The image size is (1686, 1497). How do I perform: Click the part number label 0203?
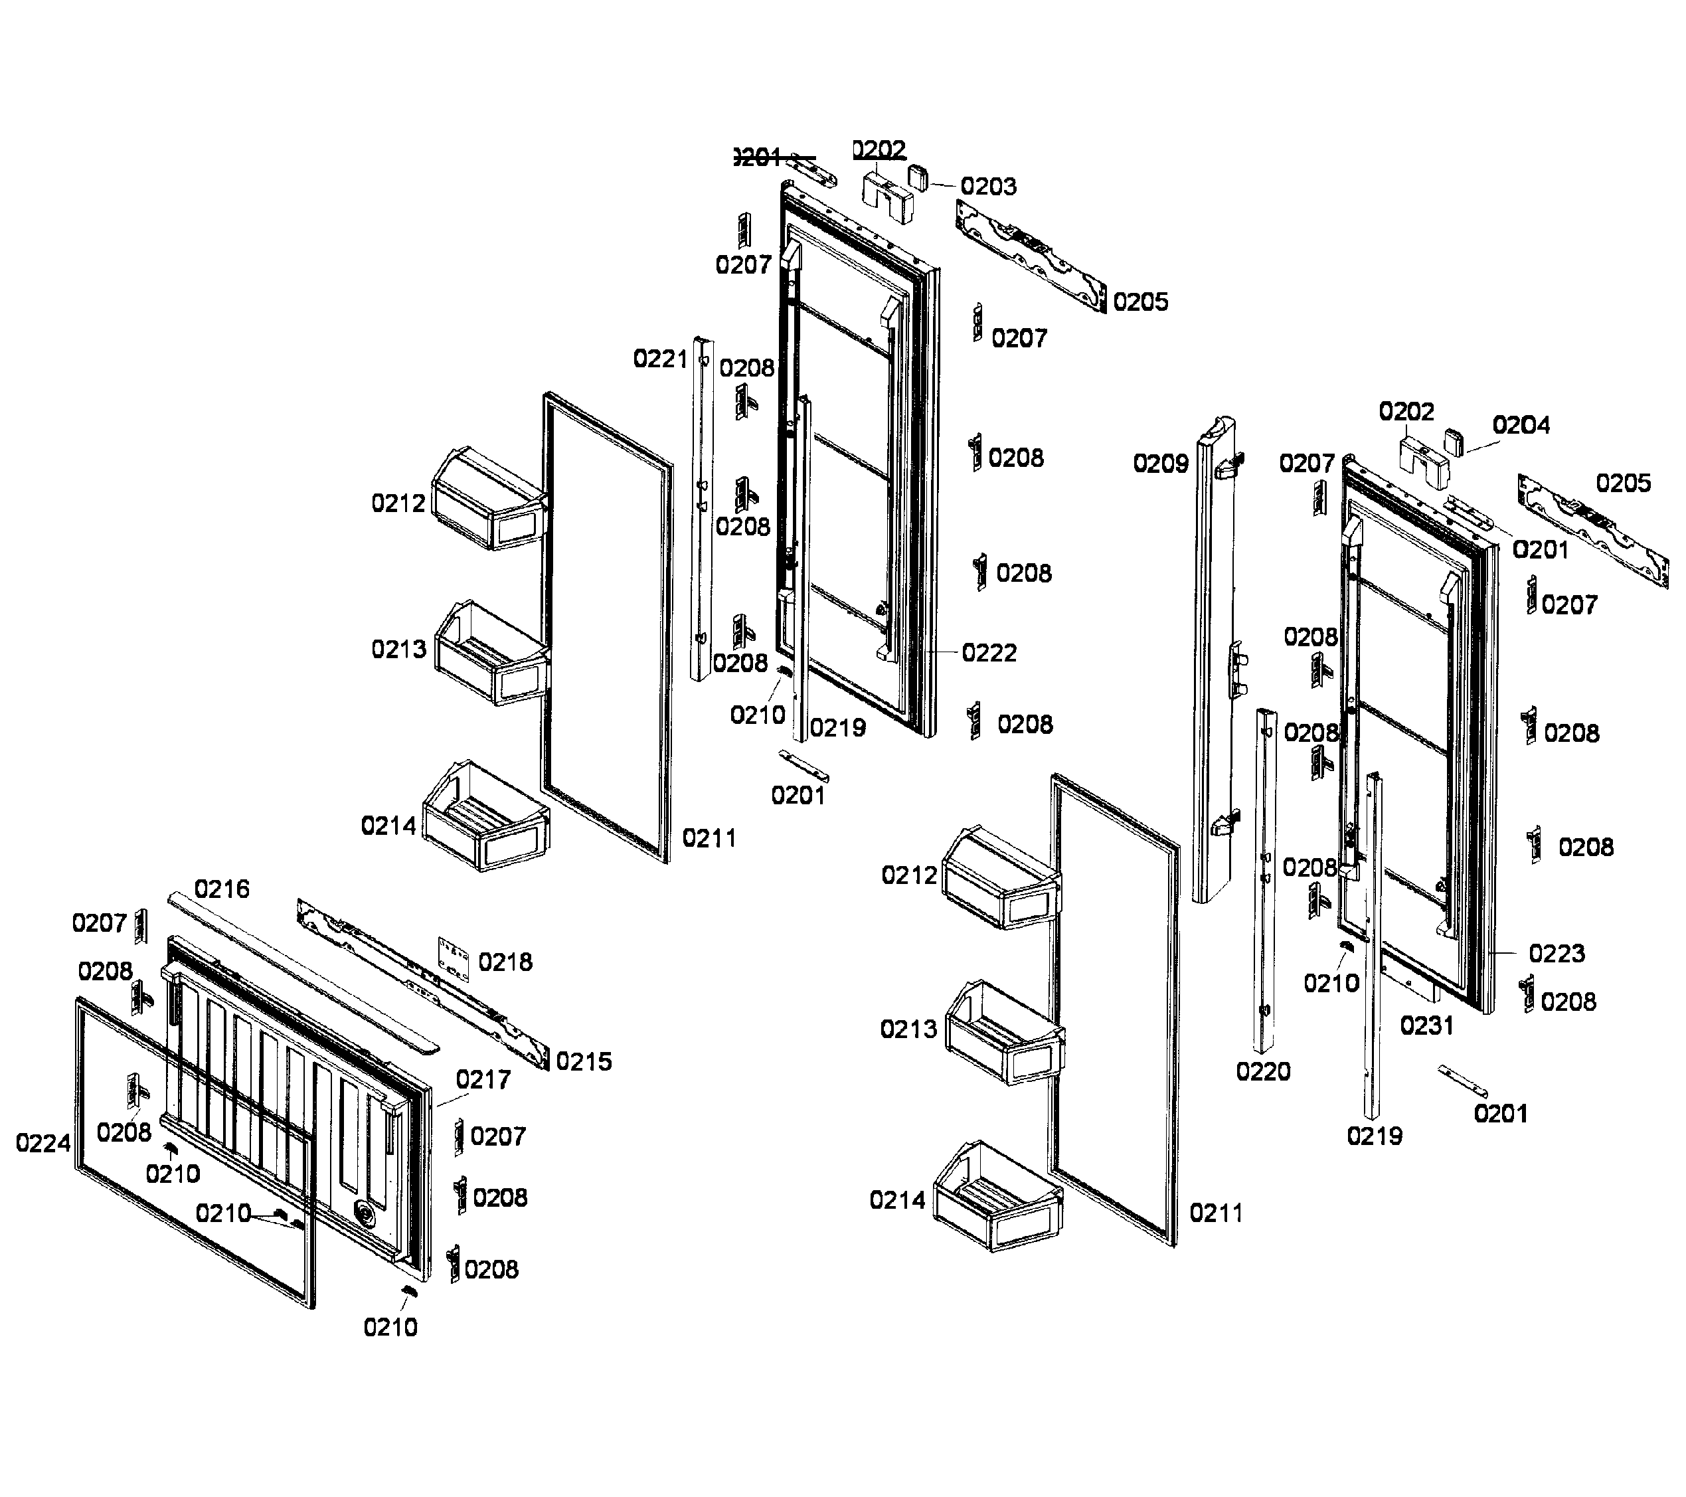(988, 187)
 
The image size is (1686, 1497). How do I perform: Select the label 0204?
(1521, 425)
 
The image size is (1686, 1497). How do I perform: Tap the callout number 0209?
(1161, 464)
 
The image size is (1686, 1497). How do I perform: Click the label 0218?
(505, 962)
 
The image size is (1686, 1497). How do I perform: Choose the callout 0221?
(660, 359)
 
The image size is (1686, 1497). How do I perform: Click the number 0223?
(1557, 954)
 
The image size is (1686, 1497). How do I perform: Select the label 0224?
(43, 1143)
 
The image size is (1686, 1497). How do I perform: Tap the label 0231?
(1427, 1025)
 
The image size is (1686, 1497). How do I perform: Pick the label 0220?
(1263, 1071)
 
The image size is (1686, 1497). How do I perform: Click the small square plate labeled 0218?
(454, 958)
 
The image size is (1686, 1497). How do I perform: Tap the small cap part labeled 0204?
(1454, 441)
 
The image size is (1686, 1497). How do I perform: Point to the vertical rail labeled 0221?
(702, 511)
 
